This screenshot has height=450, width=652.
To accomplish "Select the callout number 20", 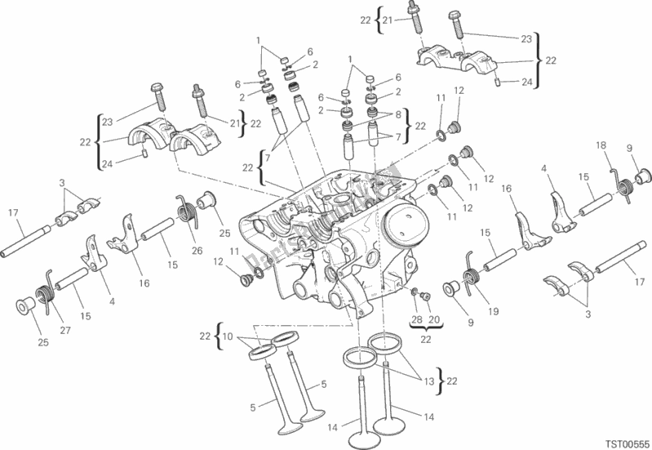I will (433, 319).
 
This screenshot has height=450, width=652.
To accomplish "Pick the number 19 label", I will (494, 310).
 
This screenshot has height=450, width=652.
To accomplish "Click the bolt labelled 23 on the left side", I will (157, 96).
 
